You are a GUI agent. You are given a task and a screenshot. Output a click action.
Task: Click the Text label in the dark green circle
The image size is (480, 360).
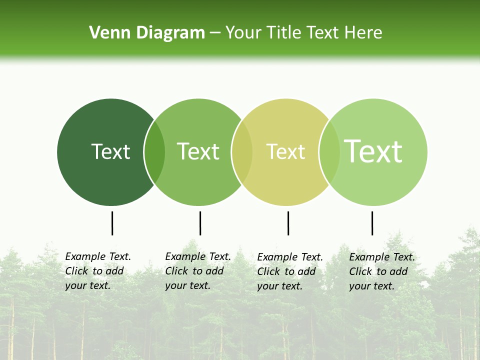point(110,151)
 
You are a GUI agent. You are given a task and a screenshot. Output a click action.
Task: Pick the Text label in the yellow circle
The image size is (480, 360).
point(285,151)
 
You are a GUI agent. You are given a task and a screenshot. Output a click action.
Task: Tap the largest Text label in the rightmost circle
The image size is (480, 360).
point(373,151)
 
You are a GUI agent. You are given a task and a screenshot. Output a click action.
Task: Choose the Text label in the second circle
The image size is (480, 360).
point(198,151)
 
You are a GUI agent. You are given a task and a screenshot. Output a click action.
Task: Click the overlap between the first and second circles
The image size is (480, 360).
point(154,152)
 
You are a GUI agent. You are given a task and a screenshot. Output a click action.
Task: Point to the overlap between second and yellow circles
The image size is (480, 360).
point(242,152)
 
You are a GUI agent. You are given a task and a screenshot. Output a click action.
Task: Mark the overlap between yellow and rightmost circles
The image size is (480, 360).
point(329,152)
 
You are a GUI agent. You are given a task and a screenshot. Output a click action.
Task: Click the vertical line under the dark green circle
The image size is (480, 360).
point(112,223)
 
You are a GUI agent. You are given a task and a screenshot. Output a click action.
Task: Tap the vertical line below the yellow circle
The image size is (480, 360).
point(288,223)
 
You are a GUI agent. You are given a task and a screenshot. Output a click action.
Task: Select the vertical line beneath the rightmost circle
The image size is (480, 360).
point(372,223)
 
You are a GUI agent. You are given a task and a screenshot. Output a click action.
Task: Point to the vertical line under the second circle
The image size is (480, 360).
point(200,223)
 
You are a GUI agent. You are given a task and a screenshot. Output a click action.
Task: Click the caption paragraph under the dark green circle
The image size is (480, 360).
point(98,271)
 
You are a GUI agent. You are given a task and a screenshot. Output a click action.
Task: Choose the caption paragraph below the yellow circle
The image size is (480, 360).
point(290,271)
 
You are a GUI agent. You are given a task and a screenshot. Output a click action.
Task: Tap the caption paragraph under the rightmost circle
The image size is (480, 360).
point(382,271)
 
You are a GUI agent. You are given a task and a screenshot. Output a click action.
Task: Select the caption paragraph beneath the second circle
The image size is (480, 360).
point(198,271)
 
